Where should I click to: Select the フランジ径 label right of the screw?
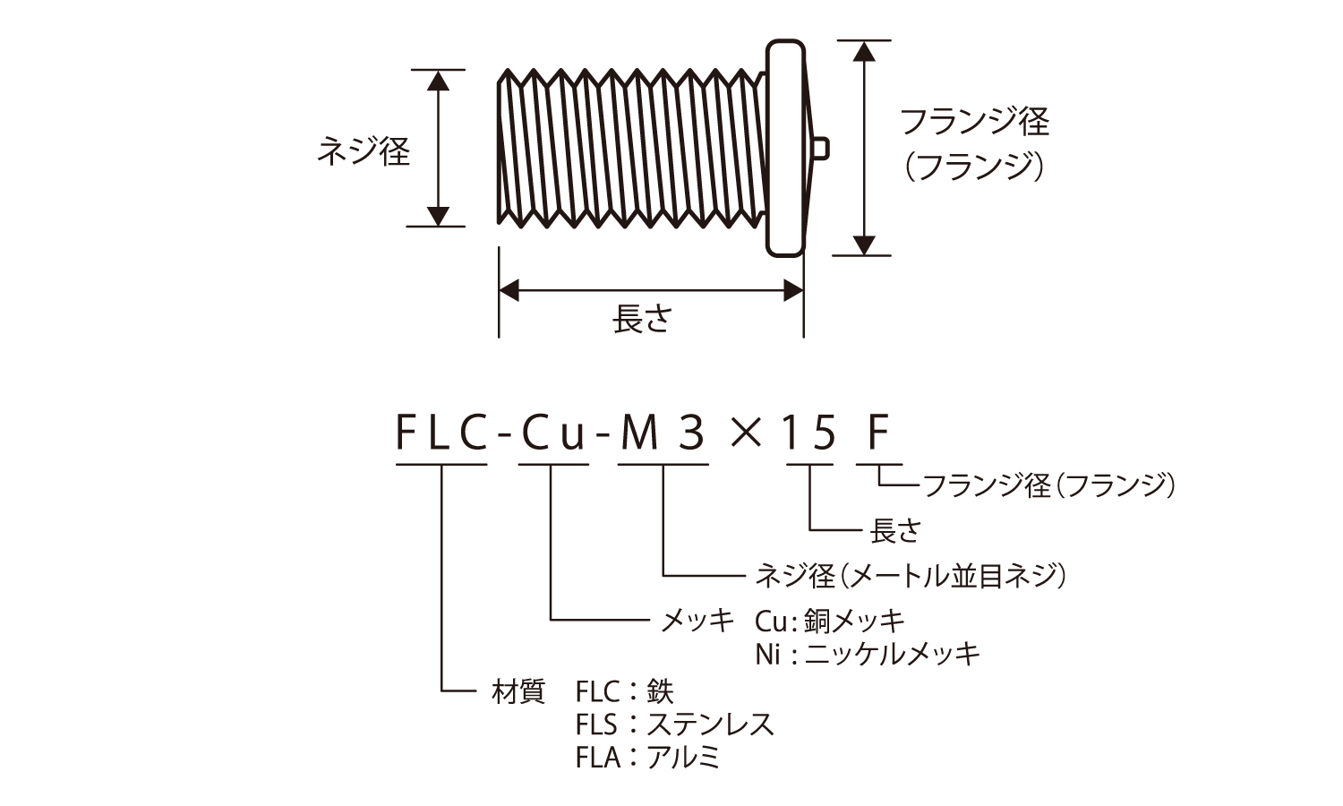coord(974,121)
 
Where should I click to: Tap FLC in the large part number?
coord(441,434)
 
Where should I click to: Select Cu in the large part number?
coord(553,434)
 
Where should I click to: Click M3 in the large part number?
coord(663,434)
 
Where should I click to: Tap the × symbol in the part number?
coord(745,435)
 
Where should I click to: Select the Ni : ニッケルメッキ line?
coord(867,653)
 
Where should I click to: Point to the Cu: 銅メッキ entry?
coord(830,620)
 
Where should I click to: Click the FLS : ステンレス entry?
coord(675,724)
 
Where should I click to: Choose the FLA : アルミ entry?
coord(648,758)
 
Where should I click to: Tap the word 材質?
coord(518,691)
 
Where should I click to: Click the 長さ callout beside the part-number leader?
coord(894,530)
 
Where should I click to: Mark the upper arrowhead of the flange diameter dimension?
coord(863,51)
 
